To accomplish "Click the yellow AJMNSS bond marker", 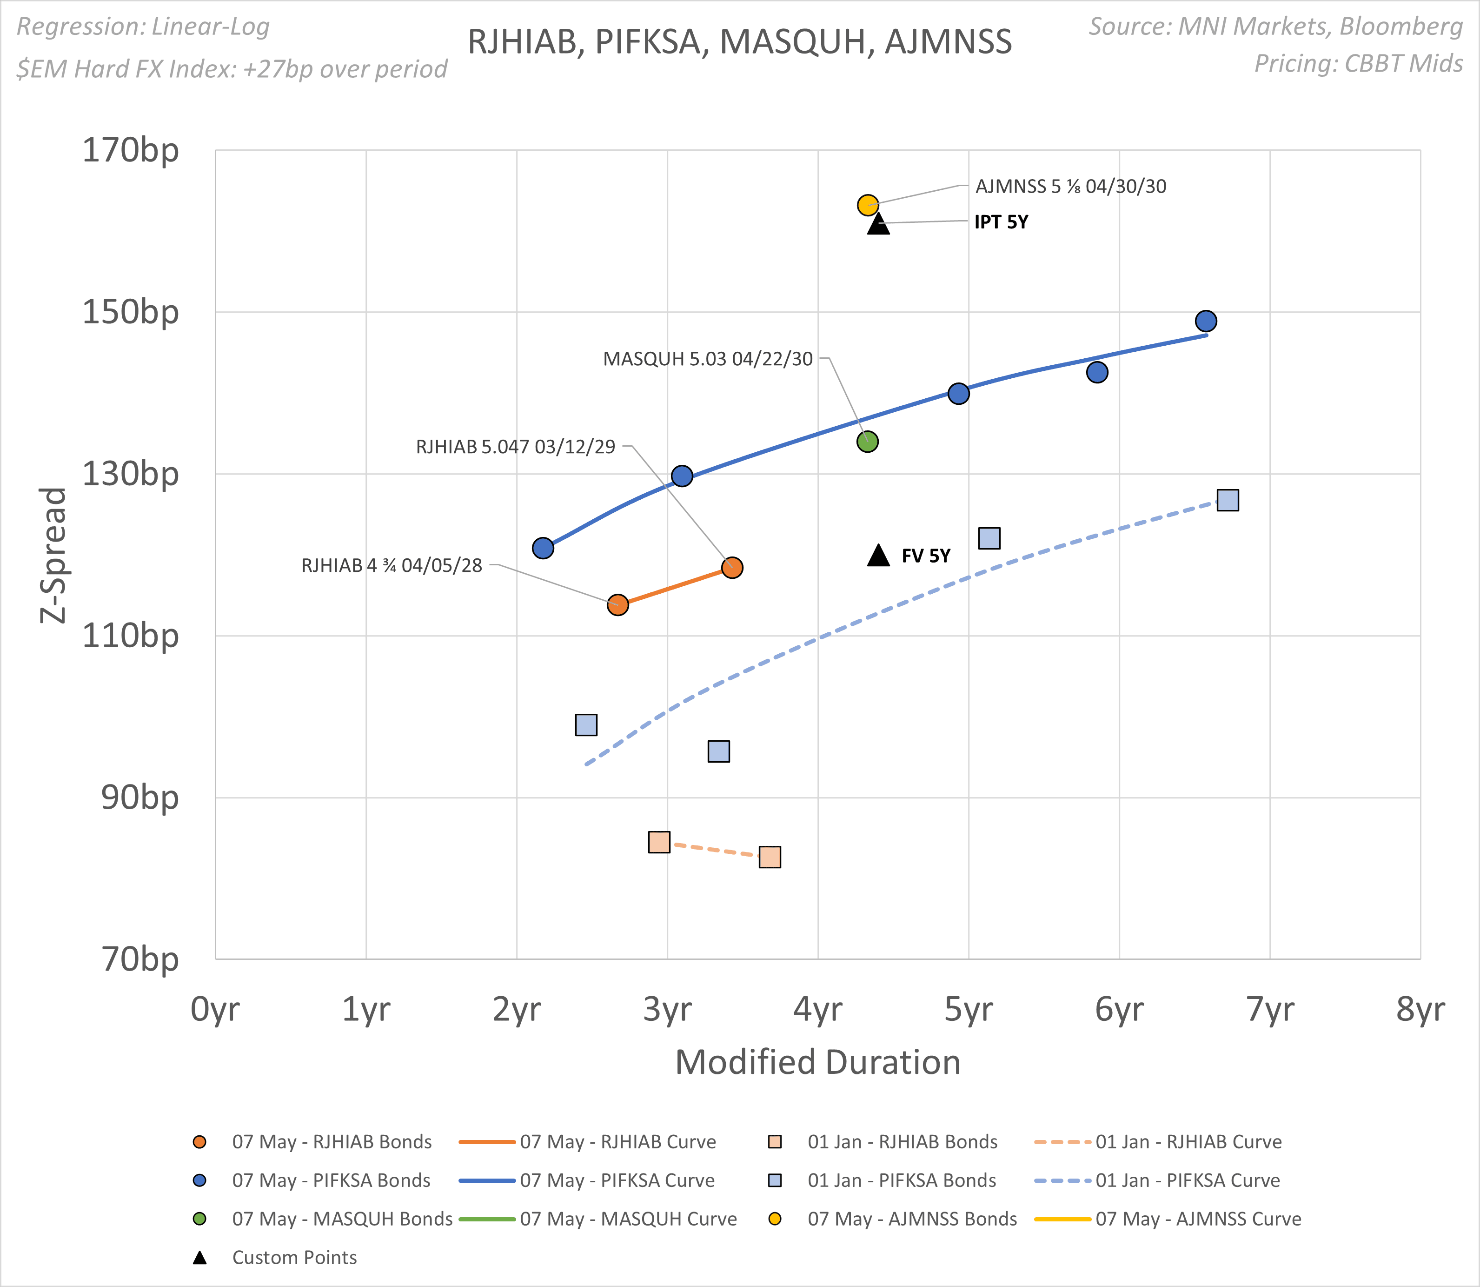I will pos(868,205).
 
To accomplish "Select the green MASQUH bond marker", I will pos(868,441).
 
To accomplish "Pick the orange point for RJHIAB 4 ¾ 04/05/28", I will pos(618,605).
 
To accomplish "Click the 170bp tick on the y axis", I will pos(131,151).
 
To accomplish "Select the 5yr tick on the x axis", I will pos(968,1009).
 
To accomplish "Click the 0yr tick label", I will pos(215,1009).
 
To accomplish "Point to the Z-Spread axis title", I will pos(53,555).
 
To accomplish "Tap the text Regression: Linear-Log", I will pos(143,27).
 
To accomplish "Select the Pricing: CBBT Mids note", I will pos(1358,64).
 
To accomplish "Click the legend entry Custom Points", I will pos(294,1258).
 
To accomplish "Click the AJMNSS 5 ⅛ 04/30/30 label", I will pos(1070,187).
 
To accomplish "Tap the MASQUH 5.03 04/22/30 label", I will pos(708,359).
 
